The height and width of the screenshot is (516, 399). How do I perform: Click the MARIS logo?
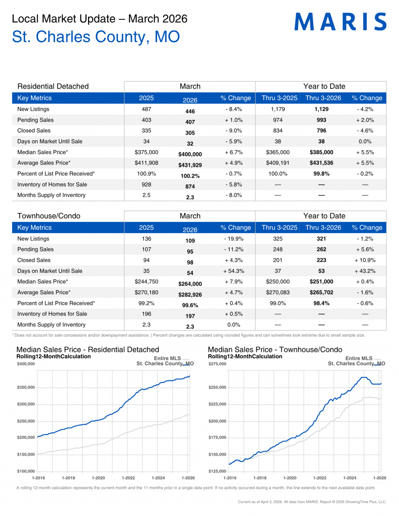(x=340, y=22)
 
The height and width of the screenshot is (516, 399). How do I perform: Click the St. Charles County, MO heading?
(x=96, y=37)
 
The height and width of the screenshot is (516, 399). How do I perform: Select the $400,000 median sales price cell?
(x=190, y=154)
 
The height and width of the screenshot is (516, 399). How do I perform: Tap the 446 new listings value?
(x=190, y=111)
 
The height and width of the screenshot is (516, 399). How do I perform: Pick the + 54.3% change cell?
(x=233, y=271)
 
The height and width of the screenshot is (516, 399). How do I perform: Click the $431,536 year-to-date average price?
(x=321, y=163)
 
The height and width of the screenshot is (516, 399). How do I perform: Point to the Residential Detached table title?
(x=53, y=87)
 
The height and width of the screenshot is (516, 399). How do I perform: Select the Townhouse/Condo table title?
(x=49, y=216)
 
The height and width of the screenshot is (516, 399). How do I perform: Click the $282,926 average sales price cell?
(x=190, y=295)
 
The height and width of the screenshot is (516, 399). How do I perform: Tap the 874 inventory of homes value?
(x=190, y=187)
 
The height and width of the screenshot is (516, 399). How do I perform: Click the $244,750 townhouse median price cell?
(x=146, y=282)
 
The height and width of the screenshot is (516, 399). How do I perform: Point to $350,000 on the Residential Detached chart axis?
(x=26, y=387)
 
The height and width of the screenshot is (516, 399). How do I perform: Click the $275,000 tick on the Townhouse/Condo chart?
(x=217, y=364)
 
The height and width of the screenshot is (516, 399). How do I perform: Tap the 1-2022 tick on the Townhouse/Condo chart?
(x=320, y=478)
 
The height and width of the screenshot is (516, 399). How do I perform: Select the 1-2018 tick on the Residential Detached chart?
(x=68, y=478)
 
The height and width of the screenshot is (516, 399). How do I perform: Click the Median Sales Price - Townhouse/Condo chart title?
(x=275, y=350)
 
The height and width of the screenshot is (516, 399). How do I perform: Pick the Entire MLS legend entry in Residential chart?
(x=168, y=359)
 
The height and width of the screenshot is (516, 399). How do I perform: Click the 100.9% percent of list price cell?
(x=146, y=174)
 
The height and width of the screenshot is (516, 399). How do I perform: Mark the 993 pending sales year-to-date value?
(x=321, y=120)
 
